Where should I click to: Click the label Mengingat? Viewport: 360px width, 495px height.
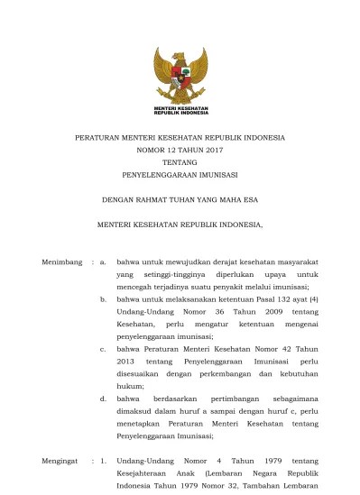tap(61, 461)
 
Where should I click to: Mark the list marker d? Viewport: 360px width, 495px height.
tap(104, 397)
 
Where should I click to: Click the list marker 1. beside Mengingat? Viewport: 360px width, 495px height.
tap(104, 461)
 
